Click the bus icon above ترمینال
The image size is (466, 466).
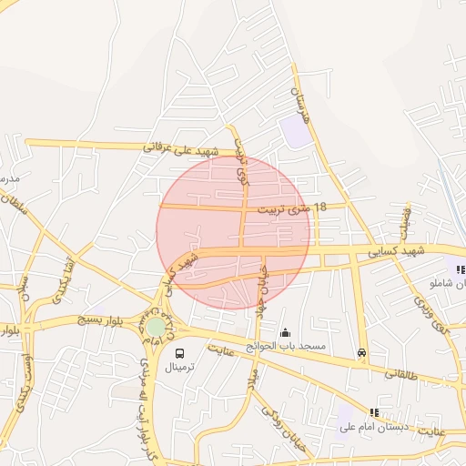(x=178, y=353)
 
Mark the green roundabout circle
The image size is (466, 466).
(x=157, y=326)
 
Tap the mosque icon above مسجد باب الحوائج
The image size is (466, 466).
(x=287, y=332)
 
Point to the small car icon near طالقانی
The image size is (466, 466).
(x=362, y=353)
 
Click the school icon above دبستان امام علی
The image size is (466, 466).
(x=374, y=412)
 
